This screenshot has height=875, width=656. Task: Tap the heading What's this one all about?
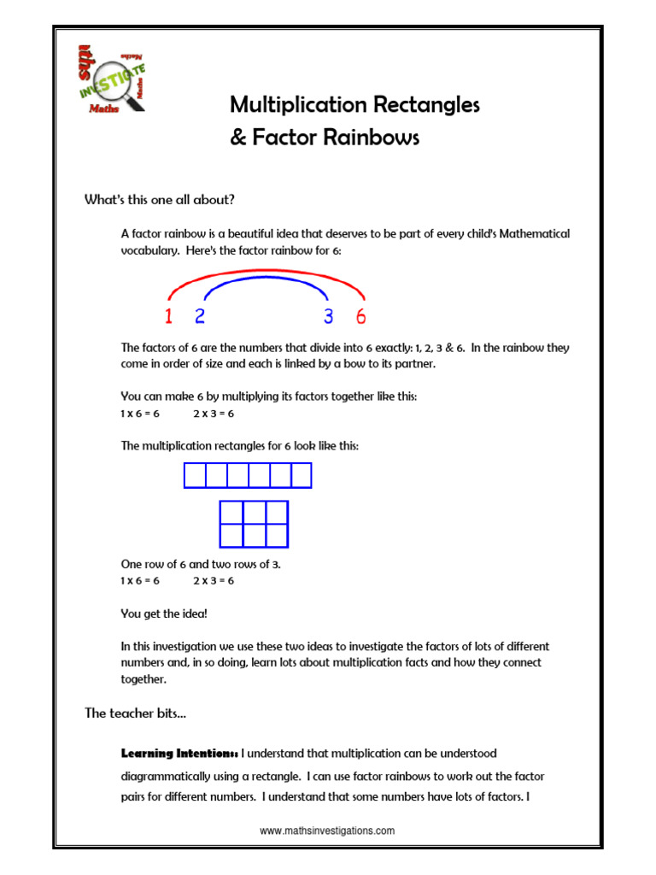[x=159, y=200]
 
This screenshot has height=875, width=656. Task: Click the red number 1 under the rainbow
[x=168, y=317]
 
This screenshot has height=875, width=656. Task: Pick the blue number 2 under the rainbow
[x=200, y=317]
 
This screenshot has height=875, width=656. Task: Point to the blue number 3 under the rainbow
[x=328, y=317]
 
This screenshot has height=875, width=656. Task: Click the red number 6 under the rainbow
[x=360, y=317]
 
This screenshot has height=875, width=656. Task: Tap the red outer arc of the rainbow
[x=265, y=273]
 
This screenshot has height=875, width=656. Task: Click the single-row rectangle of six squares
[x=248, y=475]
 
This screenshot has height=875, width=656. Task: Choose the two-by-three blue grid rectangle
[x=255, y=524]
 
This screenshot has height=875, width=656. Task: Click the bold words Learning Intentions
[x=179, y=754]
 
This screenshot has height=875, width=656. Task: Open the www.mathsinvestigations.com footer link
[x=327, y=831]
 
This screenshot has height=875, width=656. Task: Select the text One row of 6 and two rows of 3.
[x=201, y=565]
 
